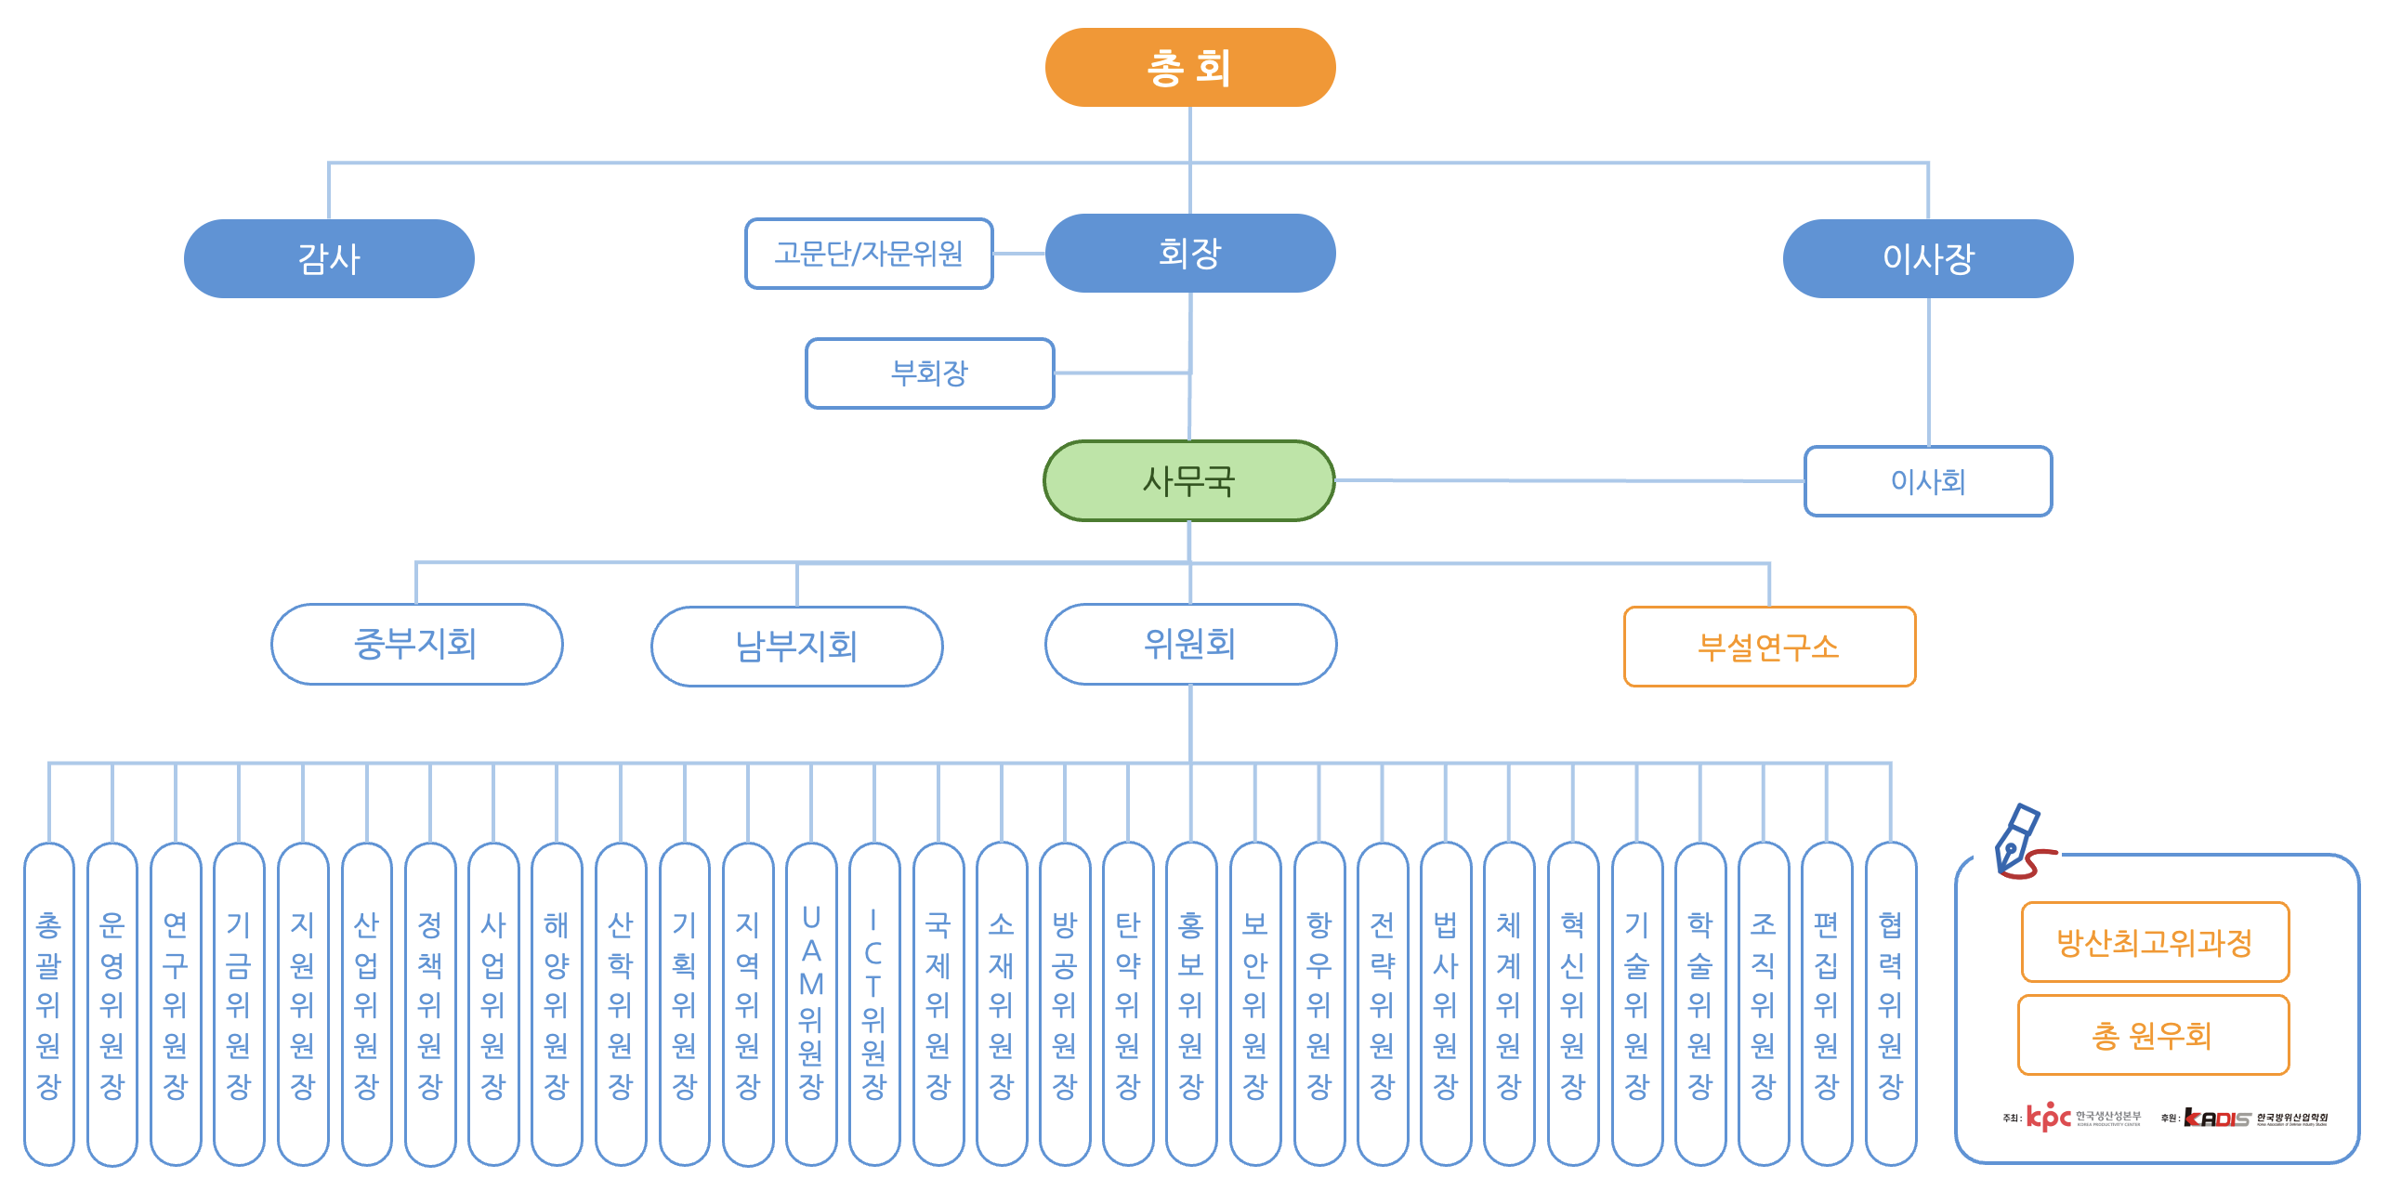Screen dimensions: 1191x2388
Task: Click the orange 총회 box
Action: pos(1189,68)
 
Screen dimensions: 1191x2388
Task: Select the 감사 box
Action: pos(329,258)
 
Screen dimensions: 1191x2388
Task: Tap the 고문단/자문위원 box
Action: pos(869,254)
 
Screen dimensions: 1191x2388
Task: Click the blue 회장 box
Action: pos(1189,253)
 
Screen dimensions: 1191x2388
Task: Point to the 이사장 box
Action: pos(1927,258)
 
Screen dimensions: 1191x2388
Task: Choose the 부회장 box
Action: pos(929,373)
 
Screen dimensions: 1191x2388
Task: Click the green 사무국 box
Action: pos(1189,481)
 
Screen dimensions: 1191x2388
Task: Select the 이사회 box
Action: pos(1927,481)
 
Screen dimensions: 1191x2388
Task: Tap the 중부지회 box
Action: pos(416,644)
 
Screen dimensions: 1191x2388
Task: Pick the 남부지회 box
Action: pos(796,647)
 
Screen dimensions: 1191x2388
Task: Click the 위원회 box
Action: pos(1190,644)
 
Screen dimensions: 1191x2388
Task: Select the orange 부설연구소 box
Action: pos(1768,647)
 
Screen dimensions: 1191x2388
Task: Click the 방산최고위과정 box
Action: pos(2154,942)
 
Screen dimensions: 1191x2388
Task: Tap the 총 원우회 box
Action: pos(2152,1035)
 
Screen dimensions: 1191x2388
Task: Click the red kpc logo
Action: pos(2048,1117)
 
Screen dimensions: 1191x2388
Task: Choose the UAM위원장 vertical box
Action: pos(811,1003)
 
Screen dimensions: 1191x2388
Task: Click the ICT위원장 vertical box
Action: pos(873,1003)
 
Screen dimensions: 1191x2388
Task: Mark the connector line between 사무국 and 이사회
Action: pos(1570,480)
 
